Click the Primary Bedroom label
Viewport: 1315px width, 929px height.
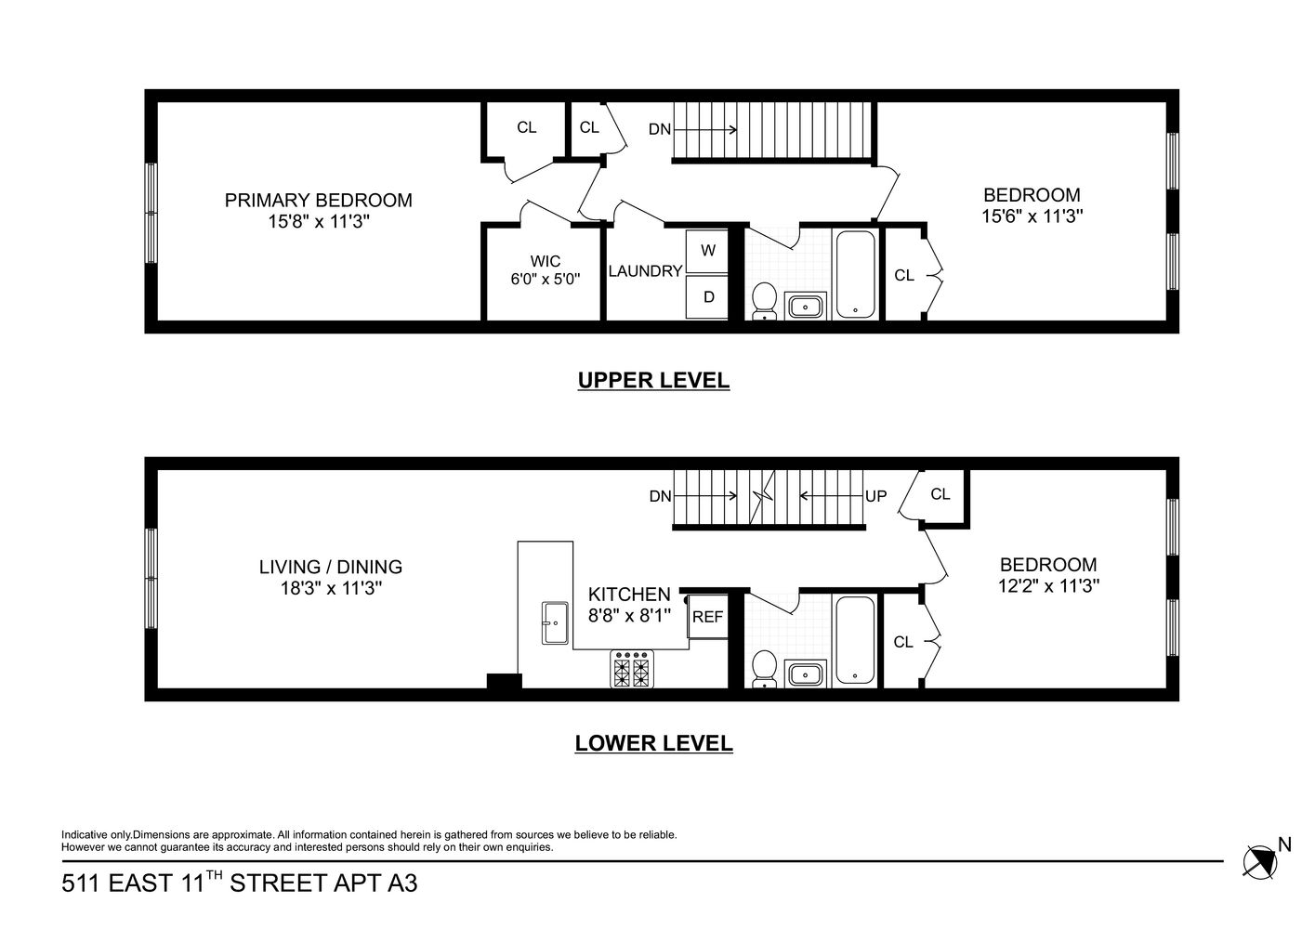coord(318,201)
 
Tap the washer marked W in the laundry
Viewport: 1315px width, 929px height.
coord(708,250)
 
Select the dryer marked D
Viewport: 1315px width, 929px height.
coord(708,297)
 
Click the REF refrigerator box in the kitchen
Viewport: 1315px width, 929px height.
coord(707,617)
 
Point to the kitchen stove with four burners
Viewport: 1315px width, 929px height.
coord(630,669)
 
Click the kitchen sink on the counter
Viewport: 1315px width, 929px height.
coord(556,622)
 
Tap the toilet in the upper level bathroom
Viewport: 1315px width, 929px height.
coord(764,300)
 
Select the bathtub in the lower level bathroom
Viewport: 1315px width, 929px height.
coord(854,640)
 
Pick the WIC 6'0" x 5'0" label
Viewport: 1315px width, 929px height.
coord(545,269)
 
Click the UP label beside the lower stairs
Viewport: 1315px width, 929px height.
coord(875,497)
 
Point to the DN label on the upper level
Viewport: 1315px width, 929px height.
coord(659,130)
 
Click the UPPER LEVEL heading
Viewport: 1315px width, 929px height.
coord(653,380)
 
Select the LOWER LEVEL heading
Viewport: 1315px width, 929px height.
coord(653,743)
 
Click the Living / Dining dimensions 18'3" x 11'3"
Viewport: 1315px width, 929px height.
coord(331,588)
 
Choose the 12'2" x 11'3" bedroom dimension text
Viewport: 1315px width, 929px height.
coord(1047,586)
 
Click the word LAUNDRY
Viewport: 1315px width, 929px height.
coord(645,271)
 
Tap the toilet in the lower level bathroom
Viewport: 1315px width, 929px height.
coord(764,667)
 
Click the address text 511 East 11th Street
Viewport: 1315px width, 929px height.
coord(239,883)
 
